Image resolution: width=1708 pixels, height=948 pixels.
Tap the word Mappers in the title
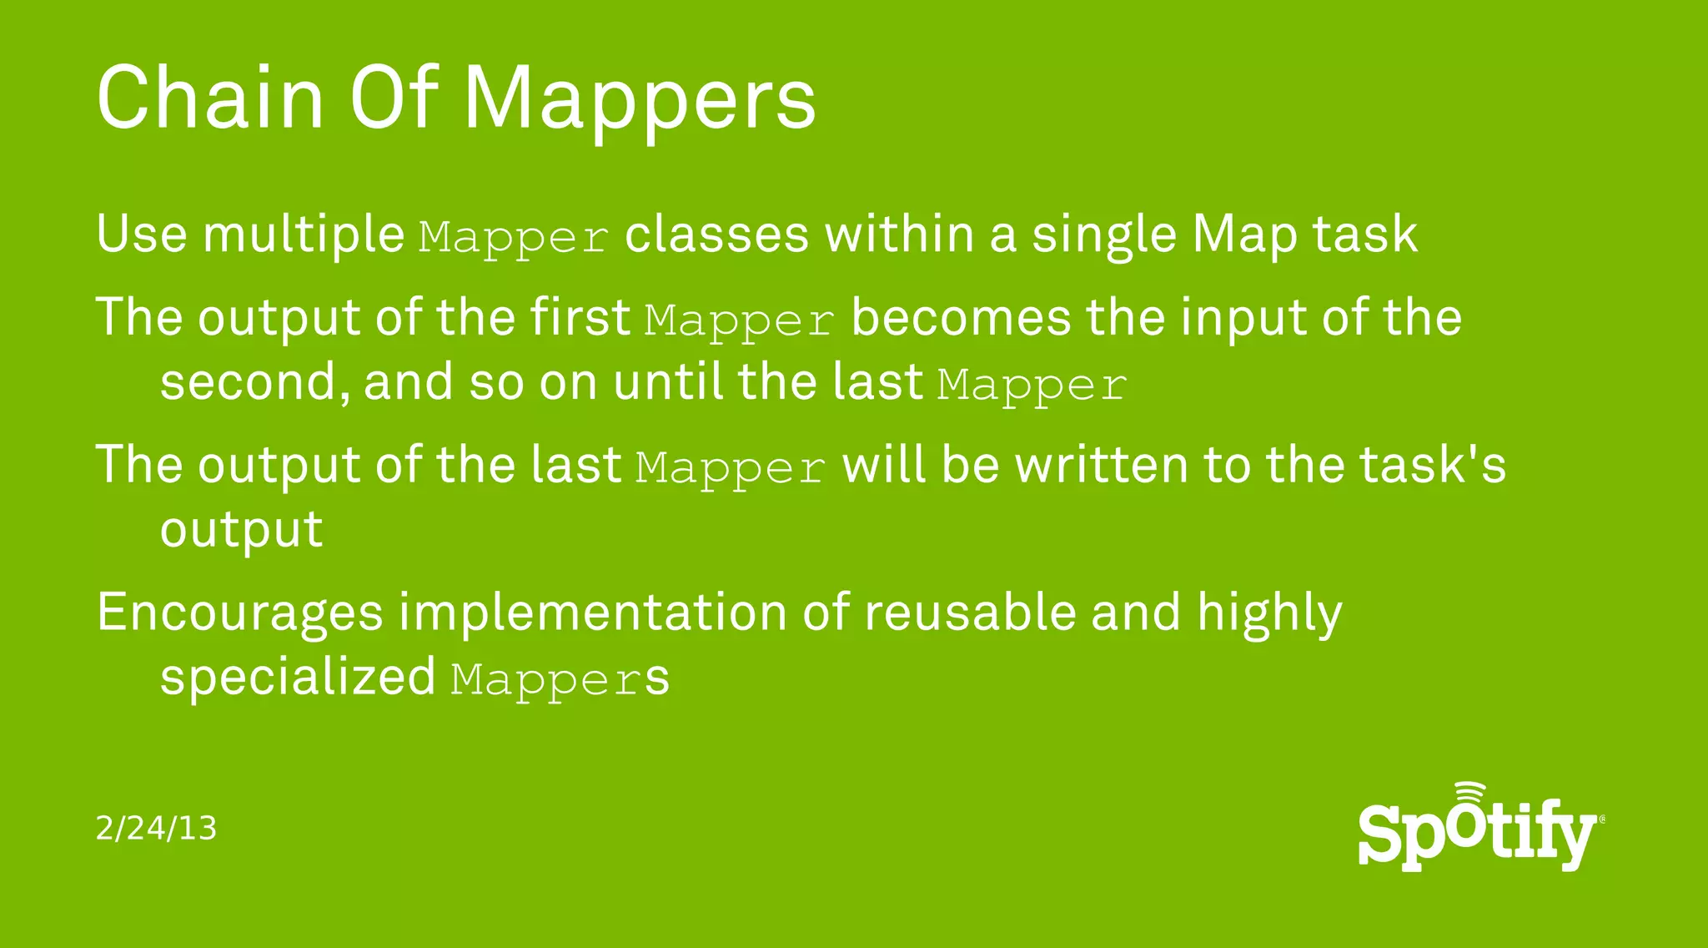pyautogui.click(x=640, y=100)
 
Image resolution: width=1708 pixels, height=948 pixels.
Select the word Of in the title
pyautogui.click(x=393, y=98)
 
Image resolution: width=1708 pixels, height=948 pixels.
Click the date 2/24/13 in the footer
pyautogui.click(x=156, y=829)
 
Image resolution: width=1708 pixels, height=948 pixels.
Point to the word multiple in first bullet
pyautogui.click(x=304, y=234)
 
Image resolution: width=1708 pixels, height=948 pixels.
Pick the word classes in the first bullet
pyautogui.click(x=716, y=234)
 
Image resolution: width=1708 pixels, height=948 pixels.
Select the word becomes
pyautogui.click(x=961, y=318)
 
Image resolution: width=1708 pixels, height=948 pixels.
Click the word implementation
pyautogui.click(x=592, y=613)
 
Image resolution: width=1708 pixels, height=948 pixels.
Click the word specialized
pyautogui.click(x=298, y=678)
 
